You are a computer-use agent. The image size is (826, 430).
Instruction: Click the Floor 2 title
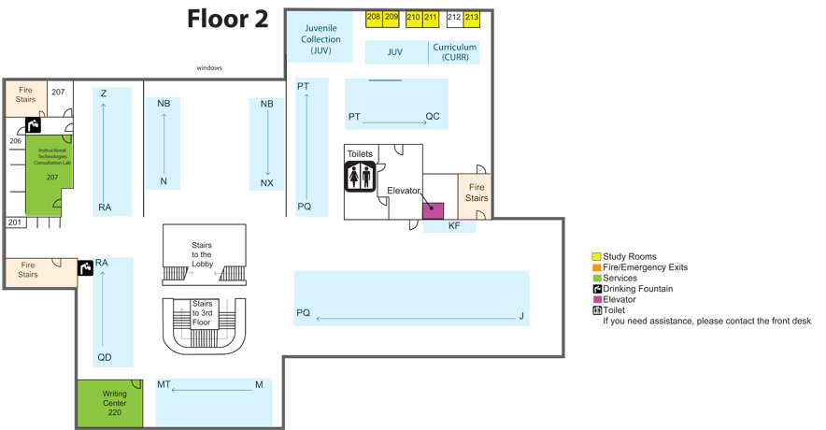coord(227,19)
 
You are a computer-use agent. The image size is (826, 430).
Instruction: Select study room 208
coord(374,18)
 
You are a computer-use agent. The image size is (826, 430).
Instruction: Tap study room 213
coord(472,18)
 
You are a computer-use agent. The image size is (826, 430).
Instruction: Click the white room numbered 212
coord(454,18)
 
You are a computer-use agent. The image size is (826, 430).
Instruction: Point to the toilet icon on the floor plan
coord(360,176)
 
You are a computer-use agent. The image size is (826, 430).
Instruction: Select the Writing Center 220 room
coord(110,403)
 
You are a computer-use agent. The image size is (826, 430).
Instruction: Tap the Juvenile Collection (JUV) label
coord(320,39)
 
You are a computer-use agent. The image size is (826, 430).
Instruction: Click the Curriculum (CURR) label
coord(454,51)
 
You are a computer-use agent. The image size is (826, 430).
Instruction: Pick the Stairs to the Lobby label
coord(202,254)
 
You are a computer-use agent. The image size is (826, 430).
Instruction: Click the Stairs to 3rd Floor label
coord(202,312)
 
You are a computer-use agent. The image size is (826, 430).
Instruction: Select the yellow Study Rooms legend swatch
coord(596,257)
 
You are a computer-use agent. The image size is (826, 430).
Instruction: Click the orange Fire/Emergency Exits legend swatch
coord(596,267)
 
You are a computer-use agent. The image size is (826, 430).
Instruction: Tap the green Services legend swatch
coord(596,279)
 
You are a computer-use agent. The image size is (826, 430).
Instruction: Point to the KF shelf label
coord(454,226)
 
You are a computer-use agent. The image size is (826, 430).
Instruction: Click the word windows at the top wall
coord(209,68)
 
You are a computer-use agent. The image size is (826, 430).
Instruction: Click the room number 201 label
coord(15,222)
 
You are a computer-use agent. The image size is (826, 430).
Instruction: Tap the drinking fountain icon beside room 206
coord(33,125)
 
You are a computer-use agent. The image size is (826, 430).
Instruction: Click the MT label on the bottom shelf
coord(164,384)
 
